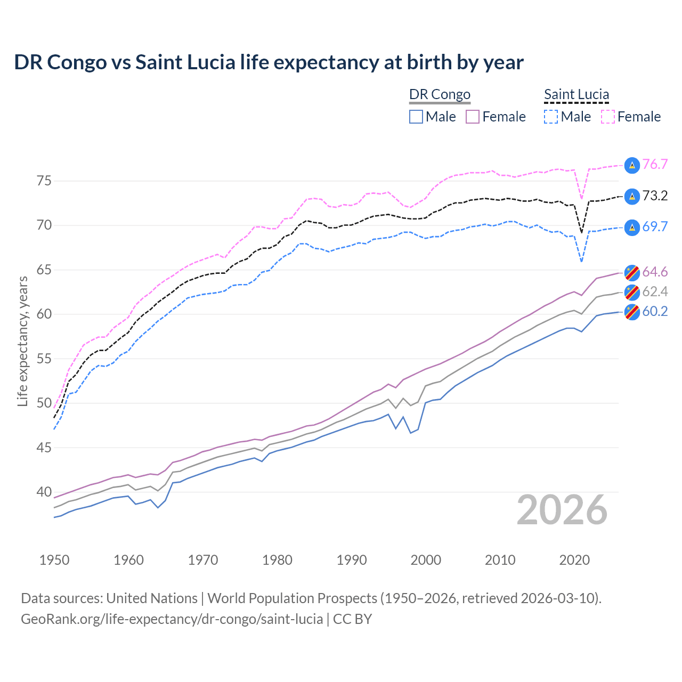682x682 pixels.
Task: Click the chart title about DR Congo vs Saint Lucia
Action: [x=269, y=62]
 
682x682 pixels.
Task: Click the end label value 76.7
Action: [x=655, y=165]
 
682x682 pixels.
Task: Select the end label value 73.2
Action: [x=655, y=196]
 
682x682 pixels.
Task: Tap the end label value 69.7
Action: [x=655, y=227]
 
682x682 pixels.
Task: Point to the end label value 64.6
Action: [x=655, y=272]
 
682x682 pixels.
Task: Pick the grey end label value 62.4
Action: [x=655, y=292]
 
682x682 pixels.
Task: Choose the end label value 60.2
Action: [x=655, y=312]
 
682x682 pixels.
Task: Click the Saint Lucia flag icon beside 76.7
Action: [x=631, y=165]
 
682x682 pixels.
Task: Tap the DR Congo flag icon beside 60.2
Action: [x=631, y=312]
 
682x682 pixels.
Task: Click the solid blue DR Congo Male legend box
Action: [x=416, y=117]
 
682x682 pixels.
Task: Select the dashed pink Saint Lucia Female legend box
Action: [x=608, y=117]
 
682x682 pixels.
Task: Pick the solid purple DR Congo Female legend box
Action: [x=473, y=117]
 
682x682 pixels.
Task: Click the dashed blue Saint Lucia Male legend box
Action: [x=551, y=117]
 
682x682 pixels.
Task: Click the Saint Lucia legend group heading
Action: [x=577, y=95]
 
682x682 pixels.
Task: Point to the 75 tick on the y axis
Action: [x=44, y=181]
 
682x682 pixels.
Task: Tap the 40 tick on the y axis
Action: [x=44, y=492]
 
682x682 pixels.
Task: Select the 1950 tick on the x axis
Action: [x=54, y=560]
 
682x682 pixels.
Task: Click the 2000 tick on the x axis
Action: [x=426, y=560]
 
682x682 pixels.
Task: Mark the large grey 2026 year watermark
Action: [x=562, y=510]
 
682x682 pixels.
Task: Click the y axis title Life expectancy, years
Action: [x=22, y=341]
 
